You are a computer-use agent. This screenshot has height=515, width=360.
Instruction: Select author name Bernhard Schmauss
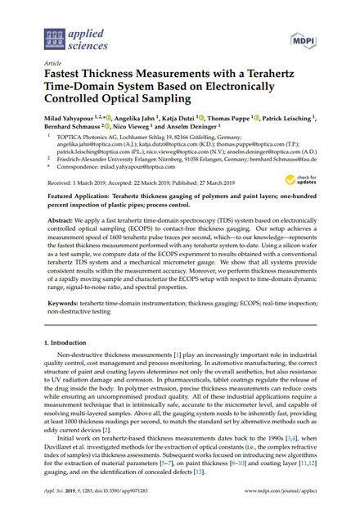click(x=71, y=129)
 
